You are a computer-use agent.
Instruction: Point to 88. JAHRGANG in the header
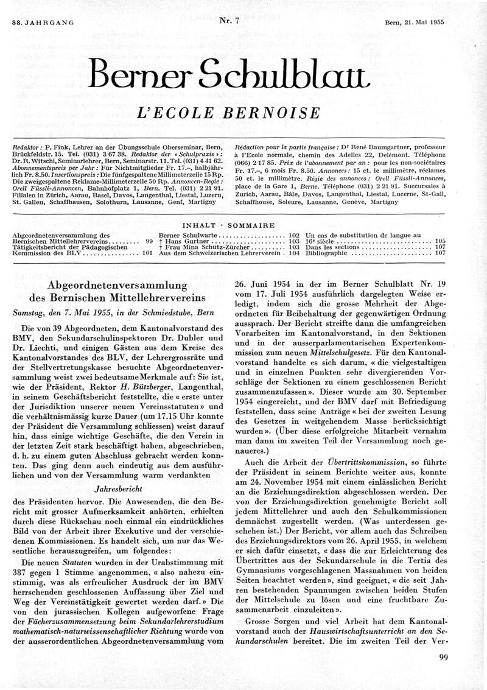point(43,5)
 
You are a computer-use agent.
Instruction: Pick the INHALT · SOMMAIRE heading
point(243,225)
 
